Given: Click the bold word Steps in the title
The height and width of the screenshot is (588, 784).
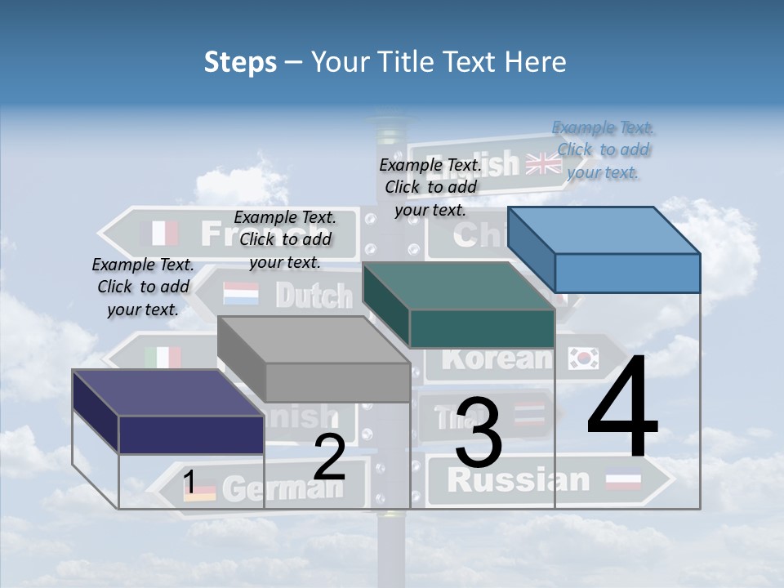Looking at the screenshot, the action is coord(240,62).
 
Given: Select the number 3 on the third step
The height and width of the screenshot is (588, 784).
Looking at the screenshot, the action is coord(478,432).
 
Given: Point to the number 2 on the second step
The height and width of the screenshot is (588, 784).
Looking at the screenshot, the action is coord(329,458).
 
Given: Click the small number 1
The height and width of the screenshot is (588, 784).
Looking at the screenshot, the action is coord(189,483).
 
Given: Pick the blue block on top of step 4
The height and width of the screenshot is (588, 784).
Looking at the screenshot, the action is coord(604,249).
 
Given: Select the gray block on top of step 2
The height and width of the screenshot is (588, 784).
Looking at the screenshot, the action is coord(314,359).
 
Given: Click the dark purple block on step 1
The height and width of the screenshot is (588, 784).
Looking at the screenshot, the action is coord(168,412).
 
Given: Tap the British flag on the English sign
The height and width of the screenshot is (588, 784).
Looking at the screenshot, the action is coord(543,163).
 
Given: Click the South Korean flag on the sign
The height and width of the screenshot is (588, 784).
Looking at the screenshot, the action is coord(584,357).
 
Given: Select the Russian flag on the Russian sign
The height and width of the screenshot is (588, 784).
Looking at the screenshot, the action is coord(623,481).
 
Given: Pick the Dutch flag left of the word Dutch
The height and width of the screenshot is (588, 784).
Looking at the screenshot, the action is coord(240,293).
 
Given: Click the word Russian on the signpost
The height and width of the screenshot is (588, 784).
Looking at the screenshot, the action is coord(519,479).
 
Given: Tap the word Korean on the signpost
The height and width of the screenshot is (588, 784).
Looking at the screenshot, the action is coord(498,358).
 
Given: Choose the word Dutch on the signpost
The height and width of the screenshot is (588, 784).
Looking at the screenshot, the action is coord(314,295).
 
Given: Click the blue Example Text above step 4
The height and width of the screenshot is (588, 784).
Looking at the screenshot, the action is coord(603,149).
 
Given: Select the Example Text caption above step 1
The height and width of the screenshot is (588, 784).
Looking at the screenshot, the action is coord(143,287).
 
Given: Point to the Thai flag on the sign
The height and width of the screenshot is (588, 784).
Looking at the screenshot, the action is coord(529,414).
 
